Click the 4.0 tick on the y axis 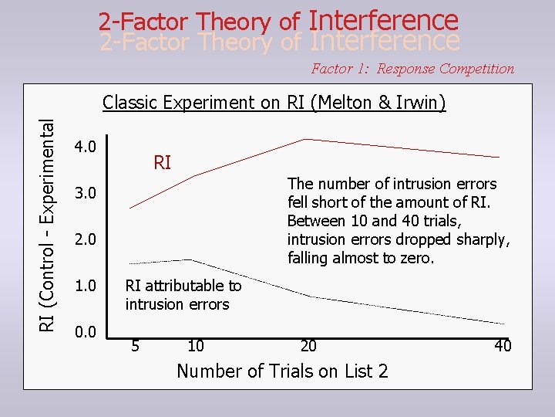pos(84,147)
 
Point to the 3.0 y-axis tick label pos(84,192)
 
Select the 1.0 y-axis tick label pos(84,286)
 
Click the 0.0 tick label pos(84,332)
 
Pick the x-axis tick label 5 pos(136,345)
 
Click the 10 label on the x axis pos(195,345)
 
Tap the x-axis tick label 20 pos(308,345)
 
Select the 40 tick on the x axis pos(503,345)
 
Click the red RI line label pos(163,163)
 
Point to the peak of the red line pos(307,139)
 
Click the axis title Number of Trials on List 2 pos(282,371)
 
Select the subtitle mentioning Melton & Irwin pos(274,103)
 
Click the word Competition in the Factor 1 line pos(476,69)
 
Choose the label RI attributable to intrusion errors pos(183,295)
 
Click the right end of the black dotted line pos(505,324)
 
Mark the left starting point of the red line pos(130,208)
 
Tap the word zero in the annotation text pos(417,258)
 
